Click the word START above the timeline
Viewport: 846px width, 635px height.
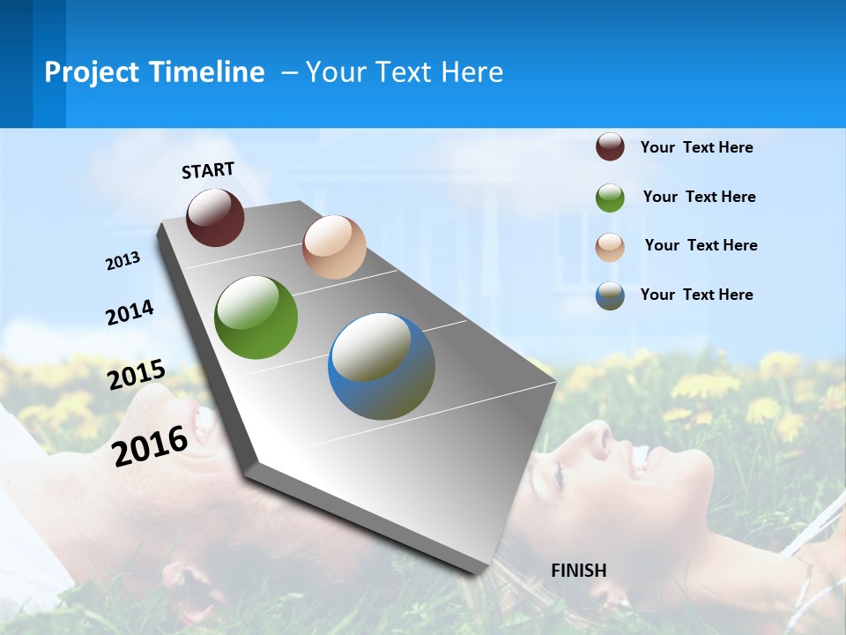(x=208, y=170)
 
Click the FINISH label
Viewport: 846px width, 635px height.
(x=578, y=570)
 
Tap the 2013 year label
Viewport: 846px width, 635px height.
(x=123, y=260)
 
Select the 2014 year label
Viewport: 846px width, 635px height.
(x=130, y=313)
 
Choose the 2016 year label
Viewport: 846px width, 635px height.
(x=151, y=445)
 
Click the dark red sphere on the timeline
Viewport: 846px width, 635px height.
(x=215, y=217)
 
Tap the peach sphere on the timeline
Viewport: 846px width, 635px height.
(x=334, y=247)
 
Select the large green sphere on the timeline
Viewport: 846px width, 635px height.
(x=256, y=317)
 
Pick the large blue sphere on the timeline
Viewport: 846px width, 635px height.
(x=382, y=366)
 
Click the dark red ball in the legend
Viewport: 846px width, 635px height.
(x=610, y=146)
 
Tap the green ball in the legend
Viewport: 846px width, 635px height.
(x=610, y=198)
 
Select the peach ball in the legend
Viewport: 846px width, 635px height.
(x=610, y=247)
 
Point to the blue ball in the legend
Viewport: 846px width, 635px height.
(x=610, y=295)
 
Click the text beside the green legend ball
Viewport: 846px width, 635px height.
(x=699, y=197)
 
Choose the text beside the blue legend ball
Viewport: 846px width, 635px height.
(x=696, y=295)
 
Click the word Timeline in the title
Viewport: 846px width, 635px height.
(x=202, y=72)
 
